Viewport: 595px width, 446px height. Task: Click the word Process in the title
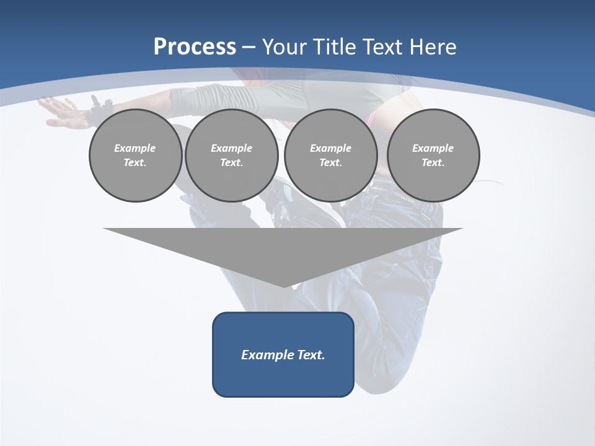click(x=195, y=47)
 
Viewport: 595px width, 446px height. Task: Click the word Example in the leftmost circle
click(x=135, y=148)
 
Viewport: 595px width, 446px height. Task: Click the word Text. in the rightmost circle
click(x=433, y=163)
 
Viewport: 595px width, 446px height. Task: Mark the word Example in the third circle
click(x=330, y=148)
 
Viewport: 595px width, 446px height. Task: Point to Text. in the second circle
click(x=232, y=163)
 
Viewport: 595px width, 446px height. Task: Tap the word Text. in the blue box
click(x=312, y=355)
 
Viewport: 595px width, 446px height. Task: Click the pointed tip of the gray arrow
click(x=283, y=286)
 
